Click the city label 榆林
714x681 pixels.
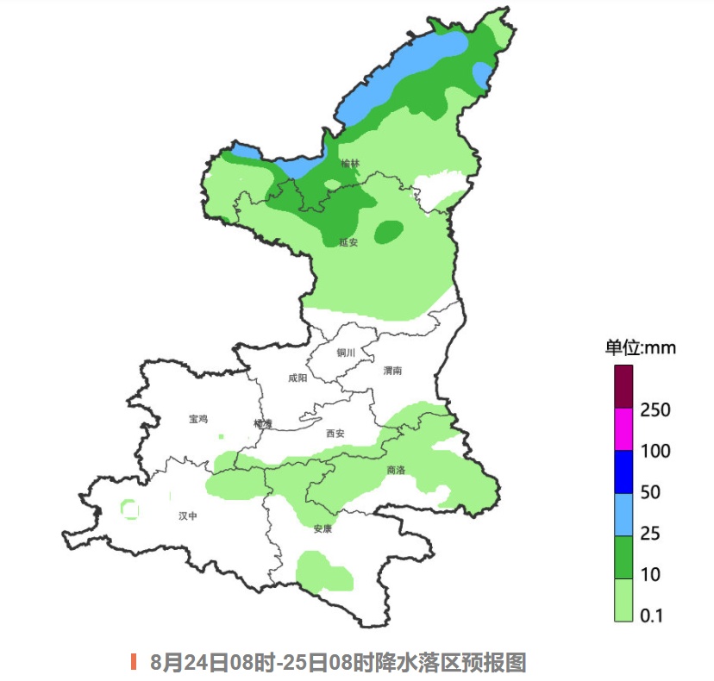348,163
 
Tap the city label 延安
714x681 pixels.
348,242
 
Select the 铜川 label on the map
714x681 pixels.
346,353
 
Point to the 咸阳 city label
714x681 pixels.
297,378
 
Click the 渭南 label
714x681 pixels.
392,370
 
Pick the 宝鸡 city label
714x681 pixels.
198,419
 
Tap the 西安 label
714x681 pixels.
335,434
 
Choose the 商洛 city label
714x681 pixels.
397,471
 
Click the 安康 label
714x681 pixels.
323,528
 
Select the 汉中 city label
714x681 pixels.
188,515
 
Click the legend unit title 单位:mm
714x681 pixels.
640,348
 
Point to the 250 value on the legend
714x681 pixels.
656,410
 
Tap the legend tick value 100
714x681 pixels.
656,451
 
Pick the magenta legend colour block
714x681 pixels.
623,429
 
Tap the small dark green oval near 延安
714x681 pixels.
389,231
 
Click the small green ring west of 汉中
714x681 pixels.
130,510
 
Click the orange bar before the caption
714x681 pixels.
134,662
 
